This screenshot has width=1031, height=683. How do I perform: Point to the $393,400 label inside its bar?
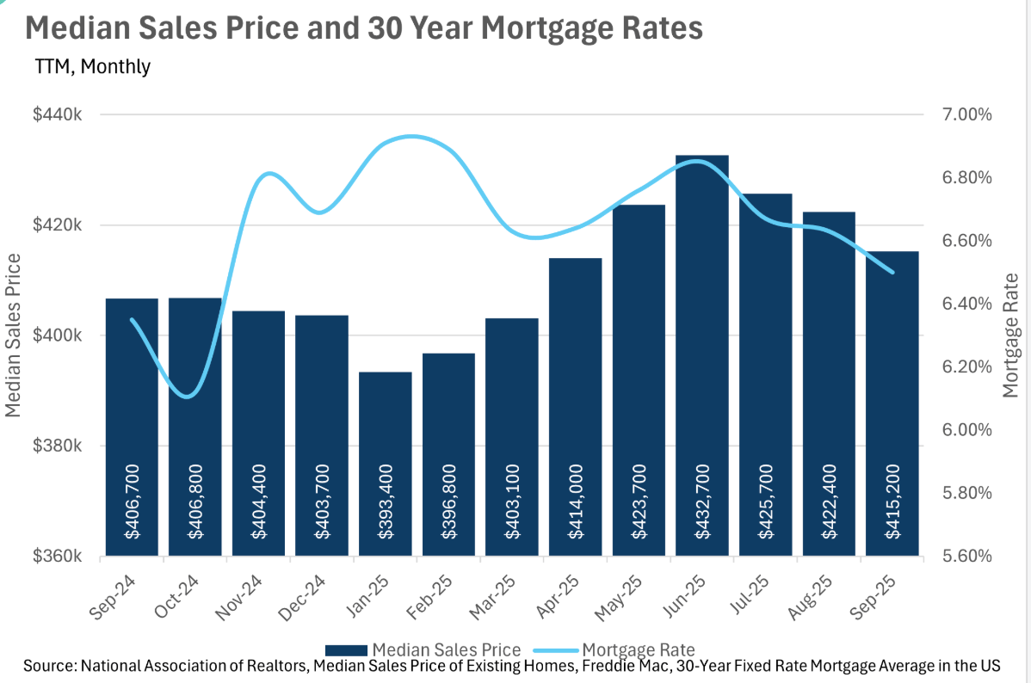click(386, 513)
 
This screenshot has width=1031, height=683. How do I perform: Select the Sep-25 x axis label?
click(880, 594)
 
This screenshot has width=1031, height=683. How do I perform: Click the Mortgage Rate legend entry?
click(614, 649)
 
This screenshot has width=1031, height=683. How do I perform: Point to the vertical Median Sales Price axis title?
click(14, 335)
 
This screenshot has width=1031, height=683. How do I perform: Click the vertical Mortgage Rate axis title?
click(1012, 335)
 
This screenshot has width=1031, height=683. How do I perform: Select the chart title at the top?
click(364, 28)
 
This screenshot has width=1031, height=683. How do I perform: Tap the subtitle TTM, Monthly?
click(92, 66)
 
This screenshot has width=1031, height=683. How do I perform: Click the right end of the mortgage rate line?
click(892, 272)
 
